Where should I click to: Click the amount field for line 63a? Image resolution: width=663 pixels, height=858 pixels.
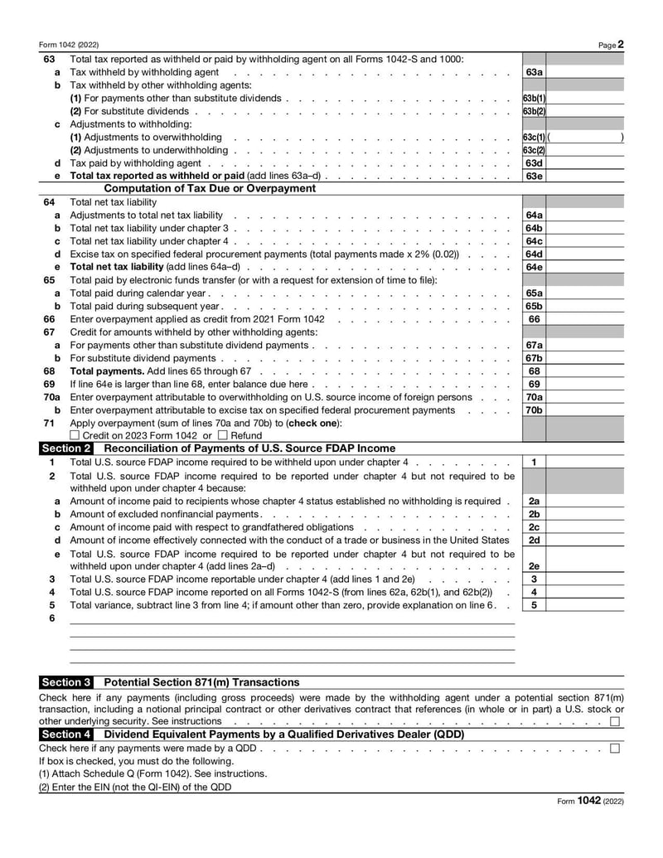[x=585, y=72]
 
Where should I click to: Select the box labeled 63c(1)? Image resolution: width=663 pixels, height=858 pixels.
[x=534, y=137]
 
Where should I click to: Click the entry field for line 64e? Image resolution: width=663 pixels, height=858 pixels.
[x=585, y=267]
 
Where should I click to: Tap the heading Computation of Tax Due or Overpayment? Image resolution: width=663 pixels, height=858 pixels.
[x=215, y=189]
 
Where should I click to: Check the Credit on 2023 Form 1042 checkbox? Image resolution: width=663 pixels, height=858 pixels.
[x=75, y=435]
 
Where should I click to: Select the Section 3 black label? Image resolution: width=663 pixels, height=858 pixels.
[x=66, y=682]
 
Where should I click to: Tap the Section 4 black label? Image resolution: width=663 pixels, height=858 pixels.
[x=66, y=734]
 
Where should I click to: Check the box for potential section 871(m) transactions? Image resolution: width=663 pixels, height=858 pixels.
[x=614, y=721]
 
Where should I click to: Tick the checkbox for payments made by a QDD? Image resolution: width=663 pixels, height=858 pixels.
[x=614, y=748]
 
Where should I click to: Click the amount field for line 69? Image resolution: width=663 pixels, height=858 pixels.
[x=585, y=385]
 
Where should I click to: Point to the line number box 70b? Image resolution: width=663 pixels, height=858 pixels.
[x=534, y=410]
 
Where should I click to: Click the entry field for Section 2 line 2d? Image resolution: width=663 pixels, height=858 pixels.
[x=585, y=540]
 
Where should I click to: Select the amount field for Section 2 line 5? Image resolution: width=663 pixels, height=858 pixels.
[x=585, y=605]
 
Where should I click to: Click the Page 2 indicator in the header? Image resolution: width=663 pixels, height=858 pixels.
[x=612, y=44]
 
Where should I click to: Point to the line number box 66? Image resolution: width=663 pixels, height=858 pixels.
[x=534, y=319]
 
